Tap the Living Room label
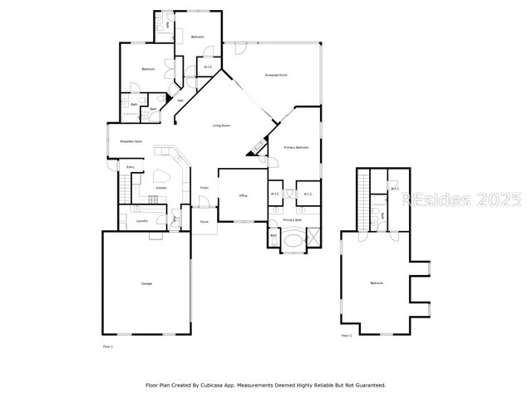[x=221, y=126]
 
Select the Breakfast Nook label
[x=131, y=141]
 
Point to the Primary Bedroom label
[x=297, y=147]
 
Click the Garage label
[x=146, y=284]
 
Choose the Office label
[x=244, y=195]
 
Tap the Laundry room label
[x=142, y=220]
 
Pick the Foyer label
[x=204, y=188]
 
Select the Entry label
[x=130, y=168]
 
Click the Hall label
[x=180, y=101]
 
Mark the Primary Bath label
[x=293, y=220]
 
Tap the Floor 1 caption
[x=107, y=346]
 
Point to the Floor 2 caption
[x=347, y=336]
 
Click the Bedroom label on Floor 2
[x=377, y=283]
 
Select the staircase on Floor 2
[x=363, y=199]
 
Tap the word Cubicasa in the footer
[x=219, y=385]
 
